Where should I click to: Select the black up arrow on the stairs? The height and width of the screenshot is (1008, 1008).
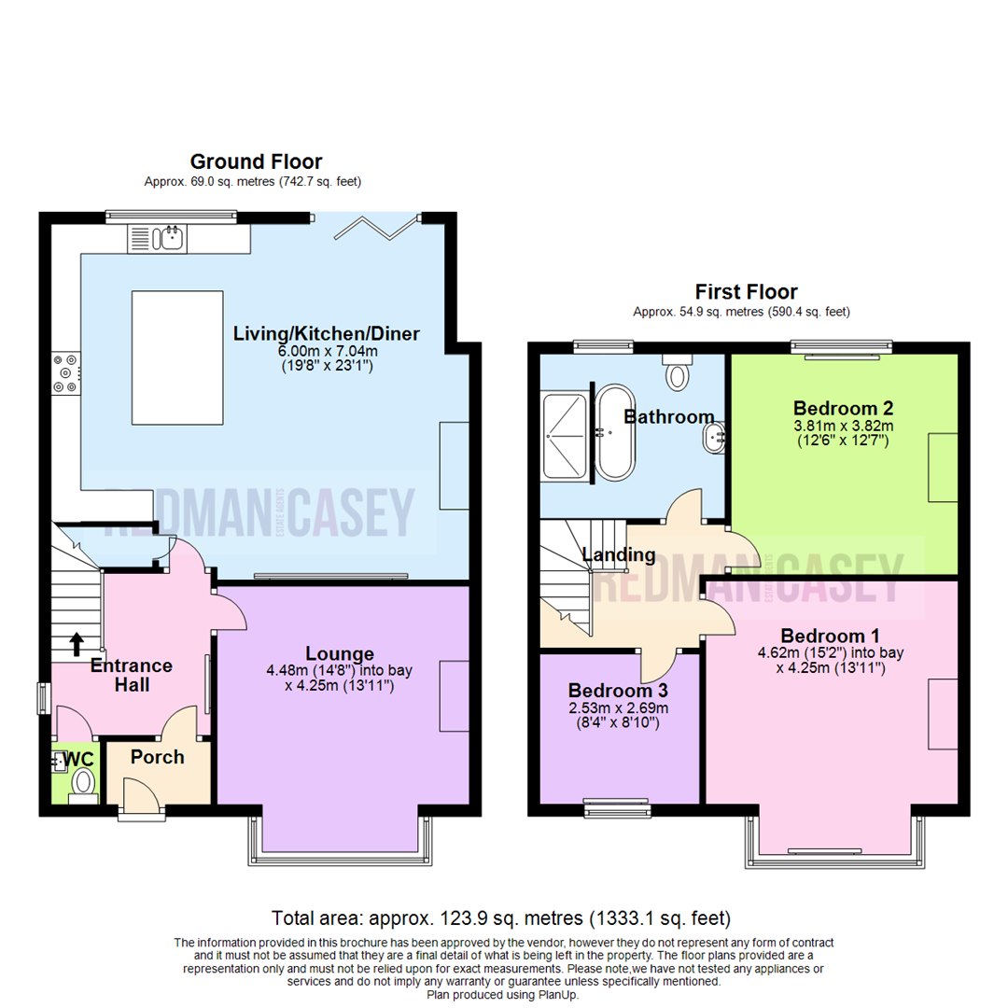(76, 645)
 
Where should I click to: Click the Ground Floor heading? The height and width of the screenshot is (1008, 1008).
(256, 162)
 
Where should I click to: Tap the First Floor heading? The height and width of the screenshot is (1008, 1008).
(746, 292)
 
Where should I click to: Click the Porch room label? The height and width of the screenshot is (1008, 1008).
(158, 757)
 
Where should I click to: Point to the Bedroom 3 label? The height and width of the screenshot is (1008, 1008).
(618, 692)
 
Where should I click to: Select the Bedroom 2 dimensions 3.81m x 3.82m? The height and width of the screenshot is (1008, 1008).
(843, 426)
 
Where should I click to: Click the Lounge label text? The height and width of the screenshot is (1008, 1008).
(340, 654)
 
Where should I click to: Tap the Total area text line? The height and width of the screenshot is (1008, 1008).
(500, 917)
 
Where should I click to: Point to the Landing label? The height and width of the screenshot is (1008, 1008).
(618, 555)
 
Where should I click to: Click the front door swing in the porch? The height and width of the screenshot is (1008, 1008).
(142, 794)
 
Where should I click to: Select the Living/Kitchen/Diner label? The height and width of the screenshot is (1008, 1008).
(326, 333)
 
